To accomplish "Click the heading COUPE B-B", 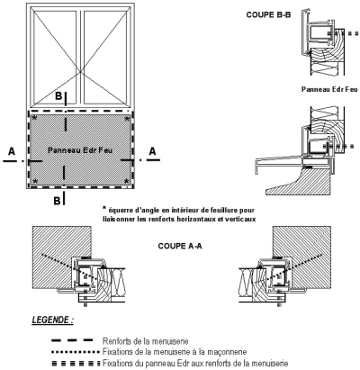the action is (x=268, y=14).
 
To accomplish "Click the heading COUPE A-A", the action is (x=180, y=246).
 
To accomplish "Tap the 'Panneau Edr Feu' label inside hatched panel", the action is (x=80, y=149).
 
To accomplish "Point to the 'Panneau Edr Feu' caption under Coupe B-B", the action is (x=329, y=89).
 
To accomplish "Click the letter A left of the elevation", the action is (x=12, y=151).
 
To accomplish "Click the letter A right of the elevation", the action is (x=153, y=151).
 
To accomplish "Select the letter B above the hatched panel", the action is (x=58, y=96).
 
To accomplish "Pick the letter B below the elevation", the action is (x=57, y=201).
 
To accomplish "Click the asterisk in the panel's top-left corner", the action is (x=34, y=118).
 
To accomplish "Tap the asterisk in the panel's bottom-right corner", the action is (x=127, y=181).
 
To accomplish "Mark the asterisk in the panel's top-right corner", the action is (x=127, y=118).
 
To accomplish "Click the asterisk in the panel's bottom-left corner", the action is (x=35, y=181).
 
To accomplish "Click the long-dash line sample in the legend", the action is (x=72, y=340).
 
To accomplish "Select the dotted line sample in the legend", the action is (x=76, y=351).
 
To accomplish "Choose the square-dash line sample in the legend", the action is (x=76, y=364).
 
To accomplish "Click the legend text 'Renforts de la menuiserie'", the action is (x=146, y=341).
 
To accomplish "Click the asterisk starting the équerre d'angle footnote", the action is (x=104, y=208).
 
